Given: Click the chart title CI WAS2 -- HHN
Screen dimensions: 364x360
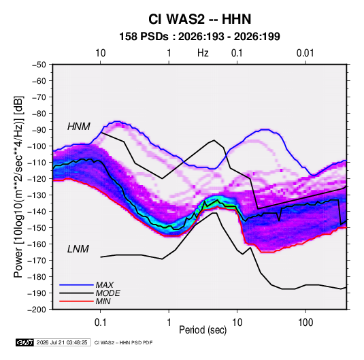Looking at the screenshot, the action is pos(199,19).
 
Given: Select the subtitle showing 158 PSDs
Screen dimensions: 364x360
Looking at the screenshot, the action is pos(199,37).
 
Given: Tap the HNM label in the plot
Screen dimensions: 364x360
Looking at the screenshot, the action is pos(79,127).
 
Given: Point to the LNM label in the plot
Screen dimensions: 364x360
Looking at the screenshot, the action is pos(78,249).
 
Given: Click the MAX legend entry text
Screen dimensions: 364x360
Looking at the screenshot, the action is pos(105,285).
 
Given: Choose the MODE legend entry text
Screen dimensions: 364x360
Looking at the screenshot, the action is pos(108,293).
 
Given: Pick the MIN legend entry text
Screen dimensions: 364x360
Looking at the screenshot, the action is pos(103,301).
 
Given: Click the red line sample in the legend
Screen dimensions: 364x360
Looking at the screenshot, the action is pos(76,301).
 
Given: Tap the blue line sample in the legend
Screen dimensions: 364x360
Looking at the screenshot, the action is pos(76,285).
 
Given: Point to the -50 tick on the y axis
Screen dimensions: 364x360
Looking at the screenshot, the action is pos(39,65).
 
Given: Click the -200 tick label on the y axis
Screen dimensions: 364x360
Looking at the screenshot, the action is pos(37,310).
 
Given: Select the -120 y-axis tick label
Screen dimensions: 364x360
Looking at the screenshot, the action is pos(37,179).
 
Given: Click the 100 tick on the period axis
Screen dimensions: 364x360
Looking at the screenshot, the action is pos(305,323).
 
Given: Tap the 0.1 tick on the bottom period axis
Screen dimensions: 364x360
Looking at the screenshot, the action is pos(100,323).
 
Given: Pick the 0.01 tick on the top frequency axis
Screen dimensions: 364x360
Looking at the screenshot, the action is pos(305,53).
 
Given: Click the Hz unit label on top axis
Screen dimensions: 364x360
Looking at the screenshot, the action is pos(203,53).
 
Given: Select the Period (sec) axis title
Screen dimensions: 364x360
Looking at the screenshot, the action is pos(203,330).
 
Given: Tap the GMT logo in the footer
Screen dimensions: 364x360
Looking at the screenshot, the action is pos(25,342).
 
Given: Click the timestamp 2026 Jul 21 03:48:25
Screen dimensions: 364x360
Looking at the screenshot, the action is pos(62,342).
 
